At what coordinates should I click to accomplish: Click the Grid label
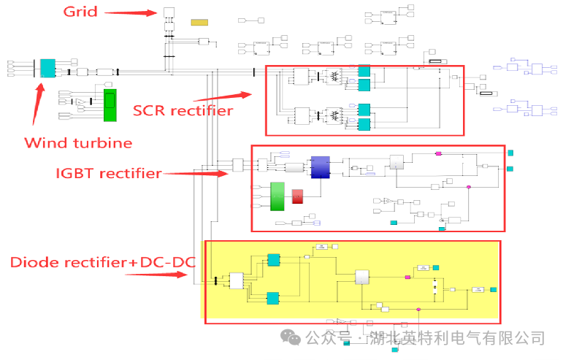click(x=80, y=11)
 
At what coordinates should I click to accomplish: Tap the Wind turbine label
click(x=78, y=142)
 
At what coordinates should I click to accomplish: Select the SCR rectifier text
click(x=183, y=110)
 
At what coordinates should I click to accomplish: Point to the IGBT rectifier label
click(x=109, y=173)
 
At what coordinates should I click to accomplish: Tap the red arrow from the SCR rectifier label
click(x=223, y=96)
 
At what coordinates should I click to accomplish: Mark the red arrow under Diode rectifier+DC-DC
click(x=155, y=275)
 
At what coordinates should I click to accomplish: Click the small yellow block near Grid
click(x=199, y=22)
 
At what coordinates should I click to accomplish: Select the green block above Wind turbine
click(x=110, y=105)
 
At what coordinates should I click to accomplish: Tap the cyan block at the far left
click(x=47, y=69)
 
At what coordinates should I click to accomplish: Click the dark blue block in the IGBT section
click(x=320, y=167)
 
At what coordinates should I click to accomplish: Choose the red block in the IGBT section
click(x=297, y=196)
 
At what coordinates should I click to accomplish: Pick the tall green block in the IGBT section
click(x=277, y=196)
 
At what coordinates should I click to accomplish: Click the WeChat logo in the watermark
click(x=292, y=338)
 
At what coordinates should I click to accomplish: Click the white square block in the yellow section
click(x=363, y=276)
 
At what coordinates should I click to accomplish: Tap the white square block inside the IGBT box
click(x=397, y=162)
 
